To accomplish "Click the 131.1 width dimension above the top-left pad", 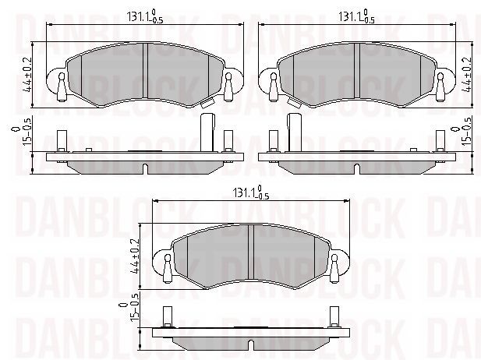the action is pyautogui.click(x=145, y=16).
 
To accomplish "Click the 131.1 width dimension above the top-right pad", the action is pyautogui.click(x=356, y=16).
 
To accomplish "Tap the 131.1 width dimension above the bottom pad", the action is pyautogui.click(x=251, y=192).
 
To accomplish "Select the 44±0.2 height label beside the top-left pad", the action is pyautogui.click(x=27, y=75).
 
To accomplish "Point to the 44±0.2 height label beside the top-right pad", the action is pyautogui.click(x=467, y=75).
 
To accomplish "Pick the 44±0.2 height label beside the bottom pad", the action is pyautogui.click(x=134, y=256).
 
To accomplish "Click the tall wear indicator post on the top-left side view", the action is pyautogui.click(x=207, y=132).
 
